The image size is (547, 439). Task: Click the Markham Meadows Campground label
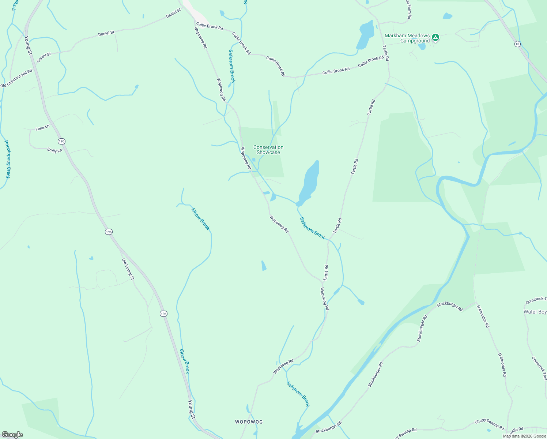[407, 38]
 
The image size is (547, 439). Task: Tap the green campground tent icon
[435, 37]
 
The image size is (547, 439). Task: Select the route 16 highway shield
[517, 44]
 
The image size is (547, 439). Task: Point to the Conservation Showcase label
[268, 150]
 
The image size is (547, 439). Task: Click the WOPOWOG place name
[249, 422]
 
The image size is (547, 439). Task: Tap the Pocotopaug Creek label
[7, 159]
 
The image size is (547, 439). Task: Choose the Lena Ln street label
[42, 128]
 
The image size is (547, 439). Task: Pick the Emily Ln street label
[54, 150]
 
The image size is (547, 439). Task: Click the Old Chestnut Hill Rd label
[16, 78]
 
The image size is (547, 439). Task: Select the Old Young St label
[128, 269]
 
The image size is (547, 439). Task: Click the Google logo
[12, 435]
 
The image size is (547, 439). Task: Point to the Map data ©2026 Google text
[524, 436]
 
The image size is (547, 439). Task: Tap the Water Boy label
[535, 312]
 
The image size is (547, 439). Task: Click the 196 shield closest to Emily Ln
[61, 141]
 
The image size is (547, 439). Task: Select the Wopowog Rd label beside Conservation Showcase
[246, 158]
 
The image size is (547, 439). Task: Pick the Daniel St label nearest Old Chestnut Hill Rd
[44, 57]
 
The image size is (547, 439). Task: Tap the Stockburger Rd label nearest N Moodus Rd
[450, 306]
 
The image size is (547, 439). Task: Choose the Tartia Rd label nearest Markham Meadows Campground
[386, 53]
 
